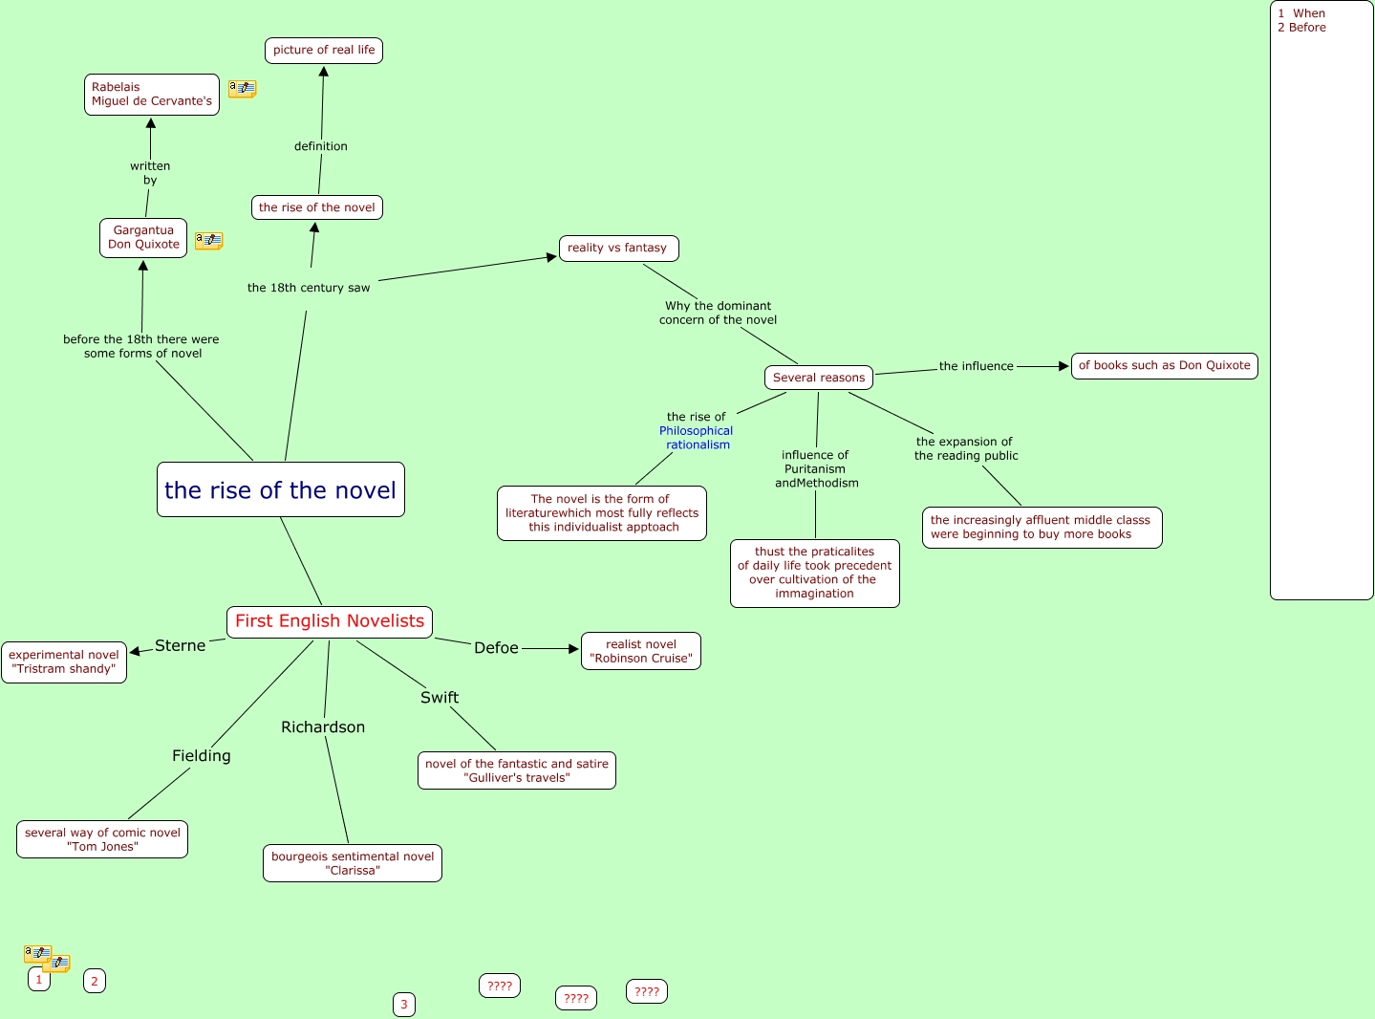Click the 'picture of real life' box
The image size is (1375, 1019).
(324, 51)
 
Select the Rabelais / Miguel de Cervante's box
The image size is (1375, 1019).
(152, 95)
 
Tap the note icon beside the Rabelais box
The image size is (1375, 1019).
(242, 89)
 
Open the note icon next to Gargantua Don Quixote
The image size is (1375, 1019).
(208, 241)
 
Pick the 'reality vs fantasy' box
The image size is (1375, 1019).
(618, 249)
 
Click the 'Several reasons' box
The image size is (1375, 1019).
(819, 378)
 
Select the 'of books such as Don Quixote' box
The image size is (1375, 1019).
(1164, 366)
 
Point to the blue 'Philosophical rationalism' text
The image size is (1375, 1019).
(697, 438)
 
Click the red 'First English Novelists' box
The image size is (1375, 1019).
(330, 621)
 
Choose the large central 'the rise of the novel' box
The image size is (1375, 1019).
(280, 490)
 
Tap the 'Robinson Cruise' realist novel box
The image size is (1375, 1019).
(641, 651)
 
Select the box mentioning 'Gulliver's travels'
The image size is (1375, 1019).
(517, 770)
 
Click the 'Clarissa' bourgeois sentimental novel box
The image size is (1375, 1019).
(353, 863)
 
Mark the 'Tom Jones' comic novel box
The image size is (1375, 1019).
(102, 839)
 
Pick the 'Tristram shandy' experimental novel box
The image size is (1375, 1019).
(64, 662)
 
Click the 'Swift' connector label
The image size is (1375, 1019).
(440, 698)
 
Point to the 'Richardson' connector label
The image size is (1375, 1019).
(323, 727)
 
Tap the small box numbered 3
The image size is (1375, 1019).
(404, 1005)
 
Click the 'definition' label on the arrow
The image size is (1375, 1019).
(321, 146)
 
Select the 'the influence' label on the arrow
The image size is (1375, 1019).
(976, 366)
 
